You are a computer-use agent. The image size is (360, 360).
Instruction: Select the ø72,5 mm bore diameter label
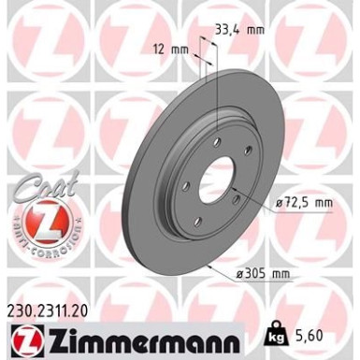[x=304, y=201]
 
